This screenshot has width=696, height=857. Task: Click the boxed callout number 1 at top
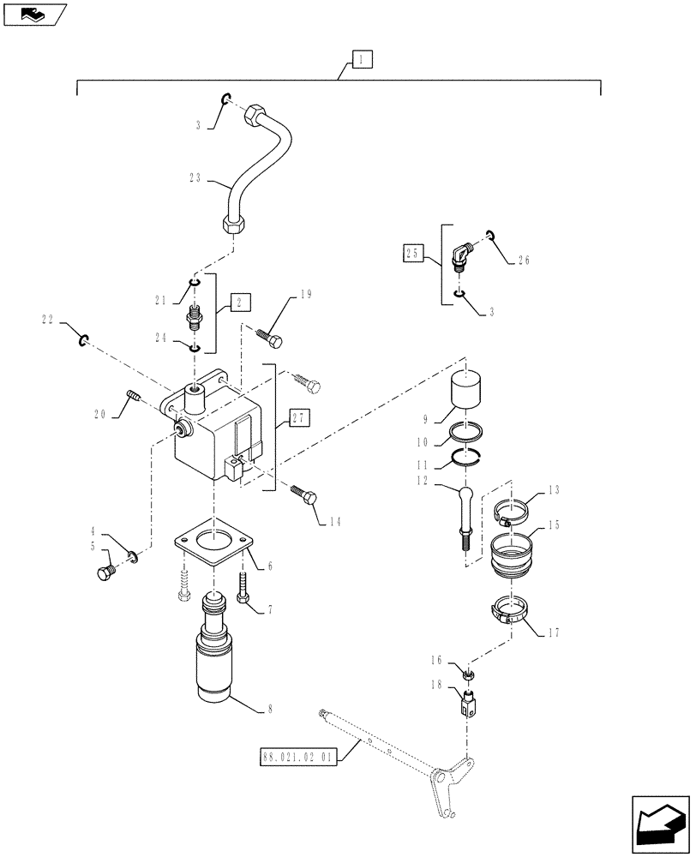point(361,59)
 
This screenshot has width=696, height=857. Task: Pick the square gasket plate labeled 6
point(209,544)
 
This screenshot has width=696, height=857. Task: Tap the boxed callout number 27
point(300,417)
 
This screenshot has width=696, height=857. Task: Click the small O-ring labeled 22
point(84,341)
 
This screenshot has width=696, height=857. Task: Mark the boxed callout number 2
point(241,302)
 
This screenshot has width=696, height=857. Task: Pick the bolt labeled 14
point(304,495)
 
